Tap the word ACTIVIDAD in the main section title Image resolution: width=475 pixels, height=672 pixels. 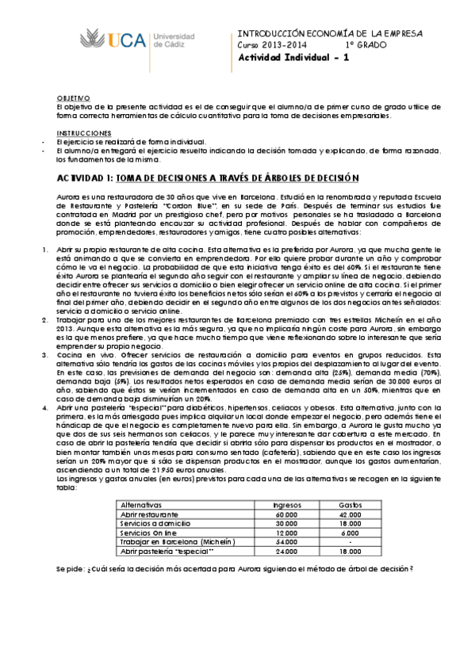click(82, 179)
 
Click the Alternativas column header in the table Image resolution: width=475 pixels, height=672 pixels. click(140, 503)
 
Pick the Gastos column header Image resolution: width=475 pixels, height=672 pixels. click(350, 503)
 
